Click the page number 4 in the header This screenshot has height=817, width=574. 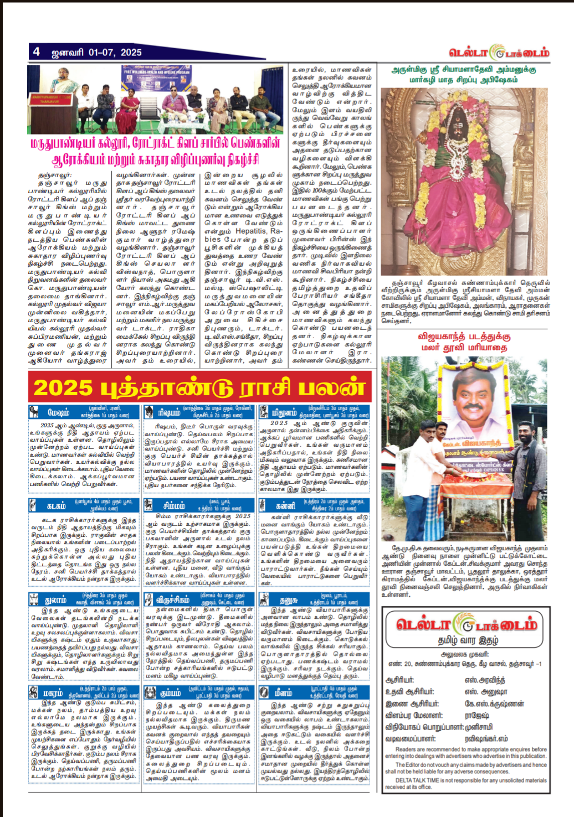point(37,51)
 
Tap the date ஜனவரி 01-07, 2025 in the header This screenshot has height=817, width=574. point(96,52)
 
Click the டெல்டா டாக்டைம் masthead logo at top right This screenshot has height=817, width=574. point(499,53)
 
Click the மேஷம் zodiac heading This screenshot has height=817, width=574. point(58,412)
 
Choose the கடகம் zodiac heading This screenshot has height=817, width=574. point(56,505)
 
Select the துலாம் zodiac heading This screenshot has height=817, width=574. point(55,600)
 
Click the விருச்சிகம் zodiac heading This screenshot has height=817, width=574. point(172,600)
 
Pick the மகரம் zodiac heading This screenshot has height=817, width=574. point(53,693)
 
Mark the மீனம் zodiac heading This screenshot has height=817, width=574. point(283,693)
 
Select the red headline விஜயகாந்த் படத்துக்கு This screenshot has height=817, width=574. point(464,336)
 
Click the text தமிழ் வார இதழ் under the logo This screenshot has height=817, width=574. point(467,640)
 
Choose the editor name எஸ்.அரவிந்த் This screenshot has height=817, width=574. point(485,680)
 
